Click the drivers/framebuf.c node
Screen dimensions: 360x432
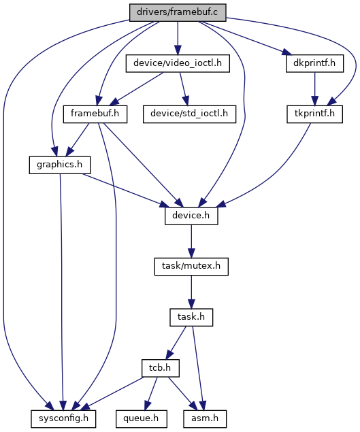click(178, 12)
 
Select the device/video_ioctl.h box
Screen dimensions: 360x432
click(178, 63)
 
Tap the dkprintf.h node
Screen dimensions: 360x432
click(314, 63)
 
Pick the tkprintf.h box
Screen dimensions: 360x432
click(314, 114)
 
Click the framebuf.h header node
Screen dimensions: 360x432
click(95, 114)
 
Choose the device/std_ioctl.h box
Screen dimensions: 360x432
click(189, 114)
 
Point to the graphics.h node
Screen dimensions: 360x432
click(59, 165)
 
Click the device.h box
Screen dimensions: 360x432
click(191, 216)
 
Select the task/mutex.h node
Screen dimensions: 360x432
click(191, 267)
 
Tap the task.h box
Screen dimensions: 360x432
click(191, 318)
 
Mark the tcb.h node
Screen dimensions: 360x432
click(161, 368)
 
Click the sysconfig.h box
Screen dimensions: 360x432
click(63, 419)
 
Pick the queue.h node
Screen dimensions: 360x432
click(141, 419)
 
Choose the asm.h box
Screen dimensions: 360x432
click(205, 419)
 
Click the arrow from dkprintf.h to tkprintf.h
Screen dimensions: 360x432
click(314, 88)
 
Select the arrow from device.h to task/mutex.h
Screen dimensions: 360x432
click(191, 241)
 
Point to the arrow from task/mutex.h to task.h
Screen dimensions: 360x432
click(191, 292)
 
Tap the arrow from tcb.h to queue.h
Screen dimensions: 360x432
click(151, 394)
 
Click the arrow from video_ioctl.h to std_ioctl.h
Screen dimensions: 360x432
click(184, 88)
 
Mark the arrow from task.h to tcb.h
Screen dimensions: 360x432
click(176, 343)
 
